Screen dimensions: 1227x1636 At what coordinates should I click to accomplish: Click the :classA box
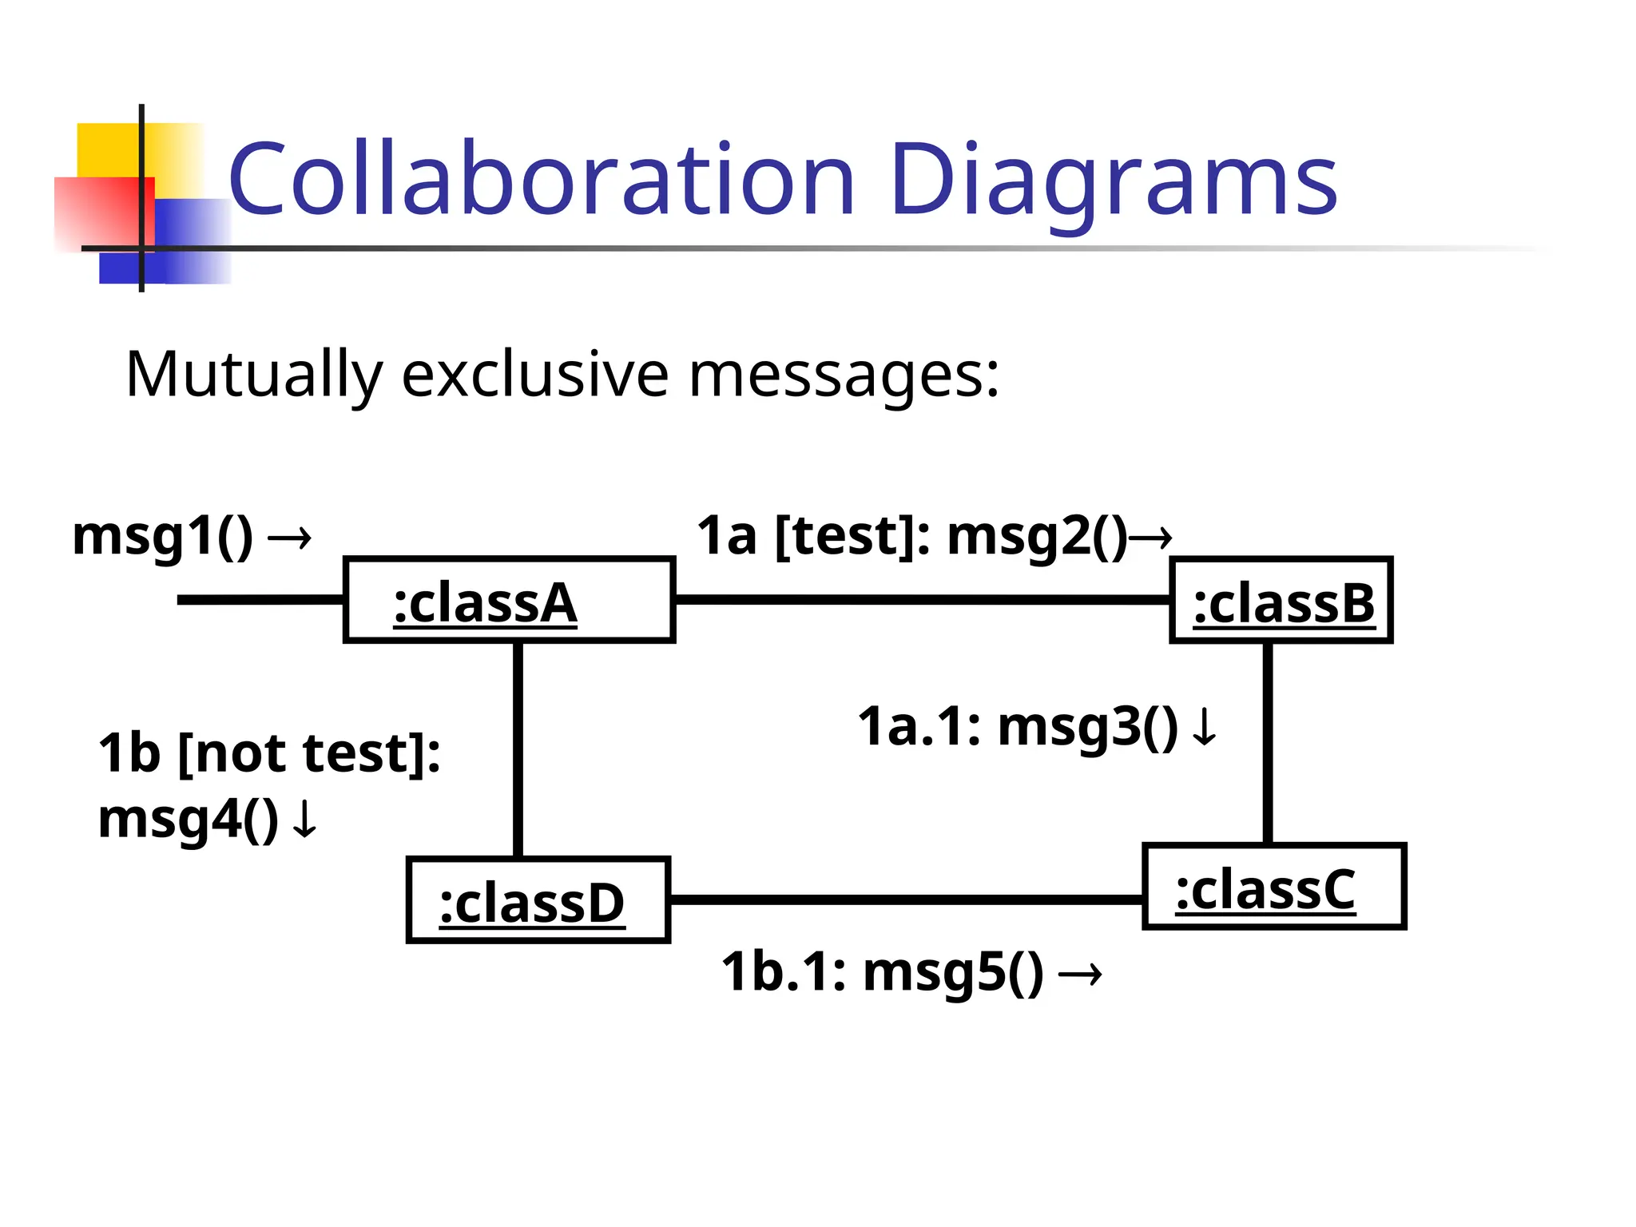(509, 601)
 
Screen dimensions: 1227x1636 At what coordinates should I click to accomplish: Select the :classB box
(1281, 601)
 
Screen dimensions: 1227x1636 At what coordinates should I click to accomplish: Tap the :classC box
(1273, 887)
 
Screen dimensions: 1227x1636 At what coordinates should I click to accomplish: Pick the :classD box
(538, 901)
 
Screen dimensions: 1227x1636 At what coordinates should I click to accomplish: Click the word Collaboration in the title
(542, 179)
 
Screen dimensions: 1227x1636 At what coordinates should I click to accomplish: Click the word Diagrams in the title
(1113, 181)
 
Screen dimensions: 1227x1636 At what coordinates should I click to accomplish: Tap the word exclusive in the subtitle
(534, 374)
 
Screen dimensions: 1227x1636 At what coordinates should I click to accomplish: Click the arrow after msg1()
(289, 538)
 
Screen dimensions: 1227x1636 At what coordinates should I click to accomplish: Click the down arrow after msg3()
(1204, 728)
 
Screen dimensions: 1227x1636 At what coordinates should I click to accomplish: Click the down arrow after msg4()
(304, 820)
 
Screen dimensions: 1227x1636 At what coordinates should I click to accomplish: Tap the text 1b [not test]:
(269, 753)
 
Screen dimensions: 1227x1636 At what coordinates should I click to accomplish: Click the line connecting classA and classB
(922, 599)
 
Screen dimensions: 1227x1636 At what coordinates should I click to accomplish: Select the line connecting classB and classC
(1268, 743)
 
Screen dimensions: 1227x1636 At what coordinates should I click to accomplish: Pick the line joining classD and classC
(906, 900)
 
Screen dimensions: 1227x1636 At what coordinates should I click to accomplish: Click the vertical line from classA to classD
(518, 749)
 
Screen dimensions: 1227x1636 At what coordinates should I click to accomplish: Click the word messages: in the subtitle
(844, 374)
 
